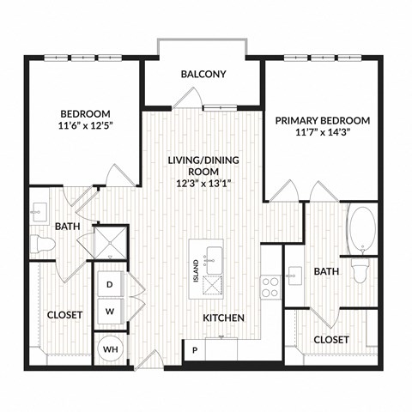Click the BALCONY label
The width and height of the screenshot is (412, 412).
pyautogui.click(x=203, y=74)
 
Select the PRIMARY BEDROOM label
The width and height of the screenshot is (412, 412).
pyautogui.click(x=323, y=120)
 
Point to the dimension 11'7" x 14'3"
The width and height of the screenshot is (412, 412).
pyautogui.click(x=323, y=135)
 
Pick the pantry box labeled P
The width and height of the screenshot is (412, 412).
pyautogui.click(x=194, y=350)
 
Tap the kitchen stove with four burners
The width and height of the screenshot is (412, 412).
pyautogui.click(x=270, y=286)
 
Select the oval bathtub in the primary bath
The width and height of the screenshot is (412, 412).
pyautogui.click(x=361, y=227)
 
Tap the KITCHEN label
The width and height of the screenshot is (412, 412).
pyautogui.click(x=223, y=318)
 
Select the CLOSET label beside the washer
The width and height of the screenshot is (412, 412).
pyautogui.click(x=64, y=315)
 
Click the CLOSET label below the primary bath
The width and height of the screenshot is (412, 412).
pyautogui.click(x=330, y=340)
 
